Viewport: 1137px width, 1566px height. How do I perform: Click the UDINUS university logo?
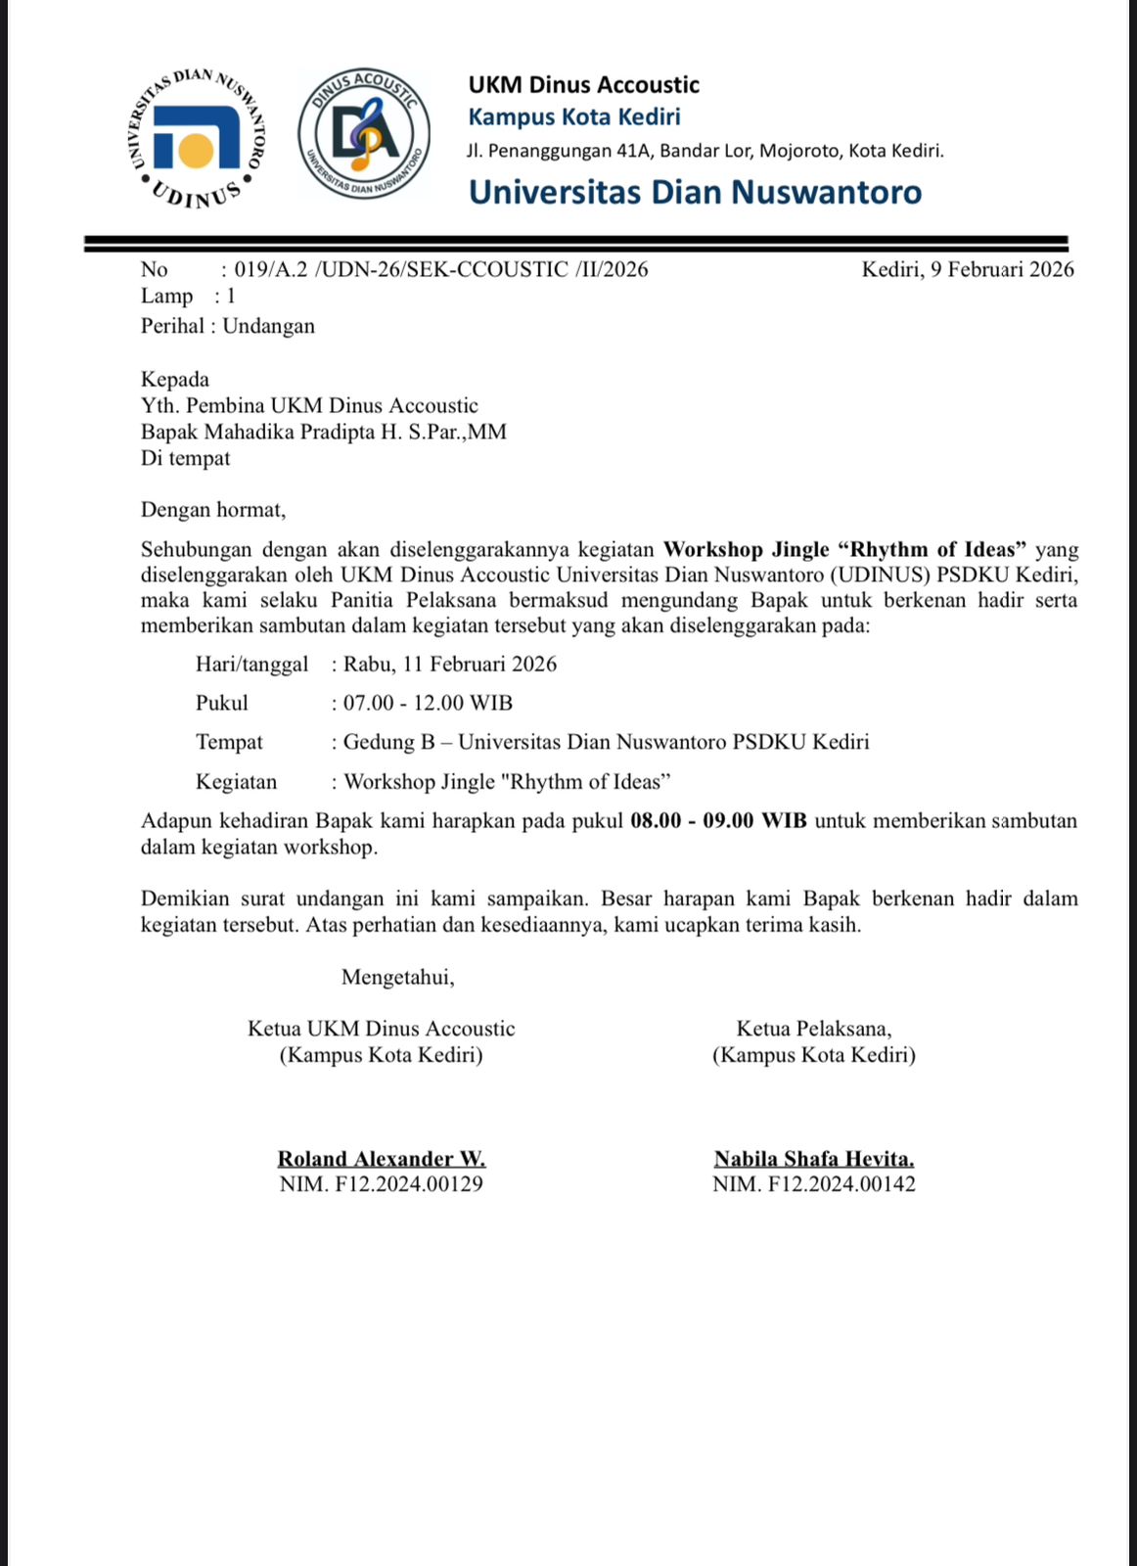198,139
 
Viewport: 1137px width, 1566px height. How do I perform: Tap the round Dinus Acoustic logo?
364,134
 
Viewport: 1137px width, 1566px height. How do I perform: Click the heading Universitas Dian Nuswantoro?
695,192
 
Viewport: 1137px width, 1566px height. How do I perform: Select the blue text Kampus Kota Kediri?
574,117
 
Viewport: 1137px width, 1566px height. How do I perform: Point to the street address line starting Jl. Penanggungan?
705,151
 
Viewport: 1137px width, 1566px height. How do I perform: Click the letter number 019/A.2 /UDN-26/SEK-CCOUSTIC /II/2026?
441,269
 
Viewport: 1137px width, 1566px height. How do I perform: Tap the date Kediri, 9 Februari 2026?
967,269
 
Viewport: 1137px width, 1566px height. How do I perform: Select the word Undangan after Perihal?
269,326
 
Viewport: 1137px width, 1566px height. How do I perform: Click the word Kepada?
175,379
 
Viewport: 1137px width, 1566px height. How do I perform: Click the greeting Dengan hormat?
213,509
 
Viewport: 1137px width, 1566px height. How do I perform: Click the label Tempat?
229,742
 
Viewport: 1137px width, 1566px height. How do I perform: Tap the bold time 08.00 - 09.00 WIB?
718,820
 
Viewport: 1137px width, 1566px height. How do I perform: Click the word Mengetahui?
397,977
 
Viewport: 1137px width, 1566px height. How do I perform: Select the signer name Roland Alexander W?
382,1159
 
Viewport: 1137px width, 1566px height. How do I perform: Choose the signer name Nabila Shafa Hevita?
814,1159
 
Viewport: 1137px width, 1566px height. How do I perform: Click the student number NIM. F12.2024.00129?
382,1184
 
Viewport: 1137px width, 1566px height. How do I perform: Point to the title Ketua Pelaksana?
814,1029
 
